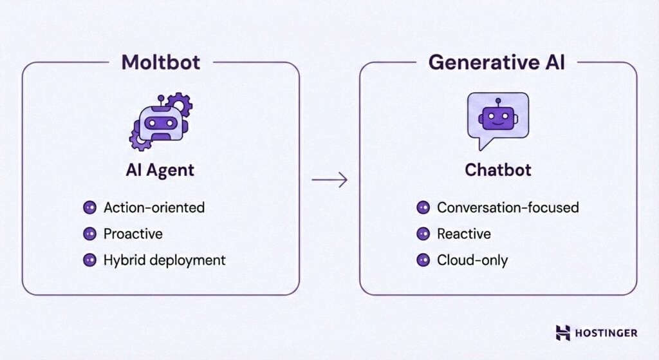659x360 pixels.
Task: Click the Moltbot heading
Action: point(160,63)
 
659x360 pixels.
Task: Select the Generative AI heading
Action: point(498,63)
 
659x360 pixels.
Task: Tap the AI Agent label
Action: point(160,170)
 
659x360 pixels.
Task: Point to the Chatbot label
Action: point(498,170)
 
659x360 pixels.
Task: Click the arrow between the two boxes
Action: point(329,180)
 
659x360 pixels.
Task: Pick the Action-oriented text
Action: point(154,207)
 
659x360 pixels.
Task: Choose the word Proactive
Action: point(133,234)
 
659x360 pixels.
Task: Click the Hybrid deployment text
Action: point(165,260)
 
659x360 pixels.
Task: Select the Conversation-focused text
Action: point(508,207)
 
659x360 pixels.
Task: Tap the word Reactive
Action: point(463,234)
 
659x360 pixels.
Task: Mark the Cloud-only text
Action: point(472,260)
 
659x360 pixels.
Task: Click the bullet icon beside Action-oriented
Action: point(89,207)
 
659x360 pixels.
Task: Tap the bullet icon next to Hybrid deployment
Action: point(89,260)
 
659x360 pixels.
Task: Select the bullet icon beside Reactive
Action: point(423,234)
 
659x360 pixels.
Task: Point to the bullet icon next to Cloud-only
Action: point(423,260)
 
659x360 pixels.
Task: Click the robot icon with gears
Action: point(160,121)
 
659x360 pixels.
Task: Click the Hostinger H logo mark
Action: point(563,333)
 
